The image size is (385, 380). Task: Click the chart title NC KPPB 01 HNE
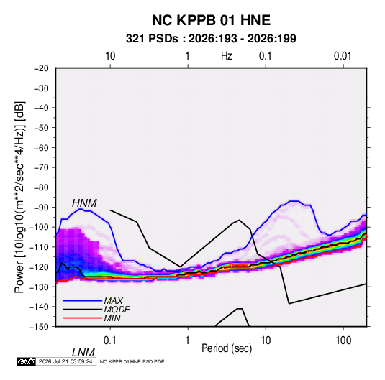tap(211, 20)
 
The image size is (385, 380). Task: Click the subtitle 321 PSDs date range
tap(211, 39)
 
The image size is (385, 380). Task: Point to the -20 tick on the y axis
tap(41, 68)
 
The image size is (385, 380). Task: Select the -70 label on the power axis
tap(41, 167)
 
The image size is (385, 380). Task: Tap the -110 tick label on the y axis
tap(39, 247)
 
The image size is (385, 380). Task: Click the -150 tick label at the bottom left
tap(39, 327)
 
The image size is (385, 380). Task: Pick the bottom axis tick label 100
tap(343, 340)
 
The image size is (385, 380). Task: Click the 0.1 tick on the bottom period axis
tap(110, 340)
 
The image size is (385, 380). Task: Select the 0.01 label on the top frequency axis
tap(343, 56)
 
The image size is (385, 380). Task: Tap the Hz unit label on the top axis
tap(227, 56)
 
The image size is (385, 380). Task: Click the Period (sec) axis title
tap(227, 348)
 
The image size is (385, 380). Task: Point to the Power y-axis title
tap(19, 198)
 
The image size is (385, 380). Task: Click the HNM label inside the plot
tap(84, 203)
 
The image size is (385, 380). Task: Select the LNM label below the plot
tap(83, 353)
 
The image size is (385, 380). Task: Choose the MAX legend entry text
tap(114, 301)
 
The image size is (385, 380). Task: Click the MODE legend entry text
tap(117, 310)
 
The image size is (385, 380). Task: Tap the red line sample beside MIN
tap(83, 318)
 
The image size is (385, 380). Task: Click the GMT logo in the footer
tap(27, 361)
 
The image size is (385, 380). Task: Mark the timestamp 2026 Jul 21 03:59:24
tap(65, 361)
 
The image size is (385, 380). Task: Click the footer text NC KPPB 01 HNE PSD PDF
tap(132, 361)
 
